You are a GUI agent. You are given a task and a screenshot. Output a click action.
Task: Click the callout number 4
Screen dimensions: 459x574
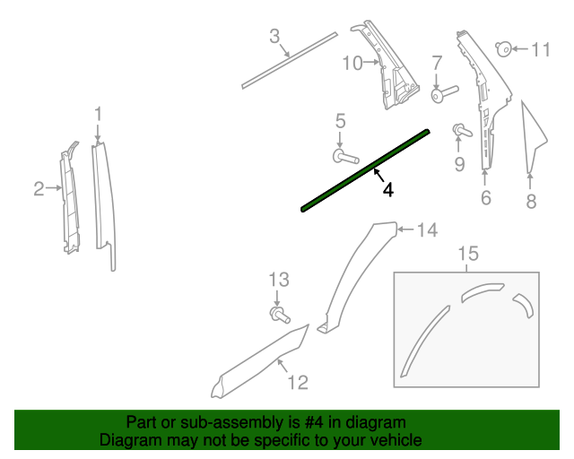click(387, 189)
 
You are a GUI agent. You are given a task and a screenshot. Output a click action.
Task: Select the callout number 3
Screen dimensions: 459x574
click(275, 37)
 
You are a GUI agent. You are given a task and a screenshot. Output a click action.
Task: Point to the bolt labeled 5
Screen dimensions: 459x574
click(344, 157)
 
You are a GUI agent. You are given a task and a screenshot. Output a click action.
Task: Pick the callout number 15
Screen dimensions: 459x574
click(467, 255)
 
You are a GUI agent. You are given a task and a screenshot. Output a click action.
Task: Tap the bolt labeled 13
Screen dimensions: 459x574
click(279, 314)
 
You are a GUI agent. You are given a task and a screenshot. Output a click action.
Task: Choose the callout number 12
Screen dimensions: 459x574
click(298, 383)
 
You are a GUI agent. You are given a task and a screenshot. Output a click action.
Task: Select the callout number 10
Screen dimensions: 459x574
click(352, 63)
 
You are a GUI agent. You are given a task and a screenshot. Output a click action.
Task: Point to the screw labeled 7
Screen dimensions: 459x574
click(444, 92)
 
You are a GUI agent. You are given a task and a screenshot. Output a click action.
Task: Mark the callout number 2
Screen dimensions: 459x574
click(39, 188)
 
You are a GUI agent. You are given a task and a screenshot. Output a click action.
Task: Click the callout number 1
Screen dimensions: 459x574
click(99, 114)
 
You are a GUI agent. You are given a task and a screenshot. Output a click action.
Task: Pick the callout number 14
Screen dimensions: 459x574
click(426, 230)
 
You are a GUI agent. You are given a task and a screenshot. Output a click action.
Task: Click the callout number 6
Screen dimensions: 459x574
click(485, 198)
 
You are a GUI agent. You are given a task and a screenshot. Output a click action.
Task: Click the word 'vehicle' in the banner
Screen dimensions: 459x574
click(397, 440)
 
